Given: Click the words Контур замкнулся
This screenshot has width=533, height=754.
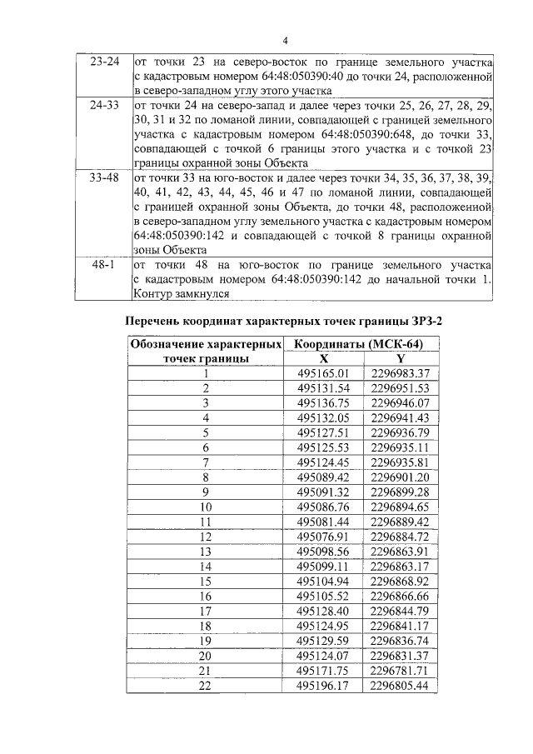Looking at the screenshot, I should pyautogui.click(x=180, y=293).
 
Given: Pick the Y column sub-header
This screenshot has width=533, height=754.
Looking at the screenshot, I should pyautogui.click(x=400, y=358).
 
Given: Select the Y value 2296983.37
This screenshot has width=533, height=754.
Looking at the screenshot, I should pyautogui.click(x=400, y=373).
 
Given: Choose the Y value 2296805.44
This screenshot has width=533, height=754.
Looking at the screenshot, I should pyautogui.click(x=400, y=685).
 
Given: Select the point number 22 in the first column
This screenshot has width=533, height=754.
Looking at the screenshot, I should pyautogui.click(x=206, y=685).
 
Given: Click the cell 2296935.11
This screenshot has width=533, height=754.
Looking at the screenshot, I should pyautogui.click(x=400, y=447).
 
